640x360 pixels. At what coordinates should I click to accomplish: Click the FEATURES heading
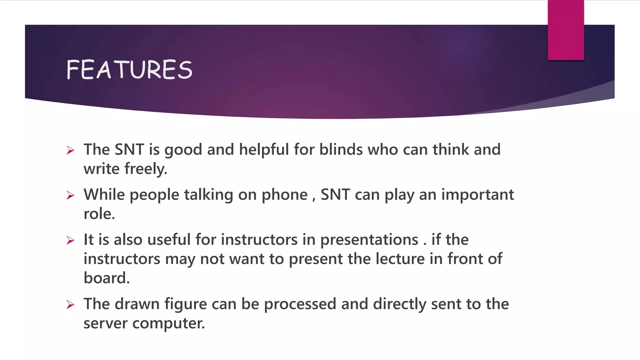[129, 69]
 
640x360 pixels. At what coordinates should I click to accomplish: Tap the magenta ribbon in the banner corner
[566, 30]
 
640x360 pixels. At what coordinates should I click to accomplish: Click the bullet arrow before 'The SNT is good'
[71, 150]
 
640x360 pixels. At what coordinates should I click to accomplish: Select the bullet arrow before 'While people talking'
[71, 196]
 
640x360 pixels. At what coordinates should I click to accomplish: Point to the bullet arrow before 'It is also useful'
[71, 241]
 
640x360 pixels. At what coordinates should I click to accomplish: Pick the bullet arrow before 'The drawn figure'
[71, 305]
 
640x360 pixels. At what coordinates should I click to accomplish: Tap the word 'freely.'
[146, 169]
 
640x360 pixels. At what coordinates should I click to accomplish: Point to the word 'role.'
[99, 214]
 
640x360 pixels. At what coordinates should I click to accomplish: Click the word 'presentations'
[369, 240]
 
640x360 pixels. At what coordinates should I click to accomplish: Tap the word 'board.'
[107, 278]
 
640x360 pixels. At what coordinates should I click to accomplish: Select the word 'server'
[105, 323]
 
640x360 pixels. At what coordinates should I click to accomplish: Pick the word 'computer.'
[168, 323]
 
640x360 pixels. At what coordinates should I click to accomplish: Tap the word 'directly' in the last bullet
[399, 304]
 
